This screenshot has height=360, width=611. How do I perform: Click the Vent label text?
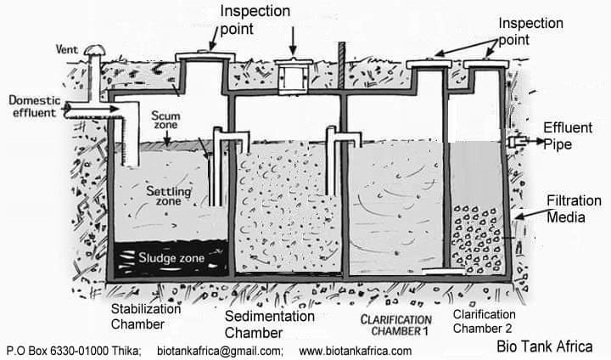(68, 49)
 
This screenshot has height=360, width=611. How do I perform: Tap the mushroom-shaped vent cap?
(92, 53)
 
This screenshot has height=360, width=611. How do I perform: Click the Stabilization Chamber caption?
(146, 316)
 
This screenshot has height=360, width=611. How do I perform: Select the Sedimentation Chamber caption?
(270, 323)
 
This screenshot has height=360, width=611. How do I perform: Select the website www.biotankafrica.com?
(356, 351)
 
